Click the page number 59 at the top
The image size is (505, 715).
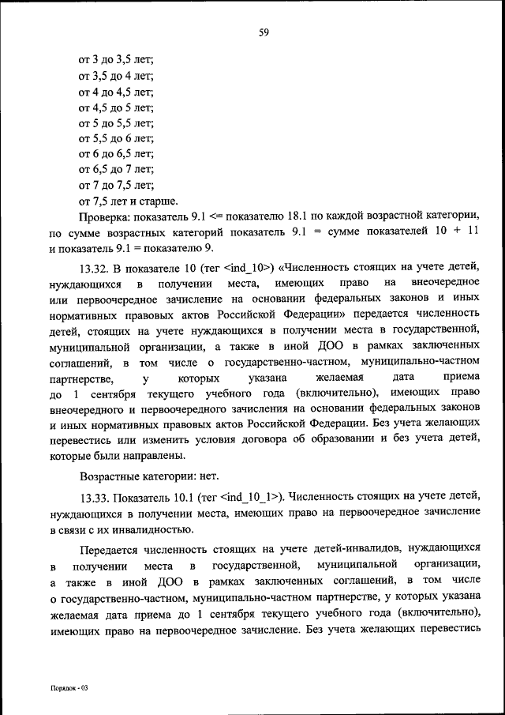coord(264,32)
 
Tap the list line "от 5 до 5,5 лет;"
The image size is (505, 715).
coord(115,123)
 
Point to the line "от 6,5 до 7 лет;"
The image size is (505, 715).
coord(115,170)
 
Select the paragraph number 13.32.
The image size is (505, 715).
coord(96,267)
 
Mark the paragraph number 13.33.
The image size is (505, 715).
coord(96,497)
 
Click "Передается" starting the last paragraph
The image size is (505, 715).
coord(110,548)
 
